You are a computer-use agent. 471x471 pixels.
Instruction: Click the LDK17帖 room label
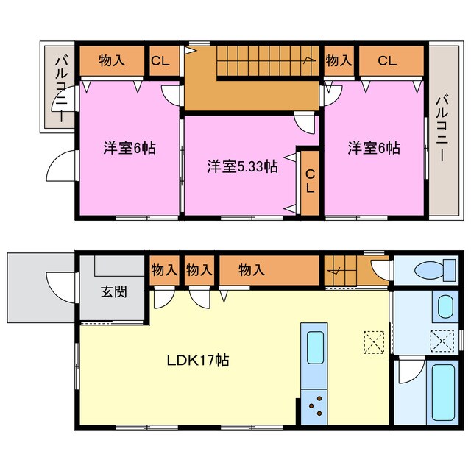(x=197, y=361)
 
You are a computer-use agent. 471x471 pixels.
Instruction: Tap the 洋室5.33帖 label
(x=241, y=166)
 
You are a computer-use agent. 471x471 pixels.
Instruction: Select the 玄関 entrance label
(x=113, y=291)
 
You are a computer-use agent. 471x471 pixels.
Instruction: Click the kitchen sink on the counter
(x=314, y=346)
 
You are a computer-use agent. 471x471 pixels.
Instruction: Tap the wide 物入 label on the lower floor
(x=251, y=270)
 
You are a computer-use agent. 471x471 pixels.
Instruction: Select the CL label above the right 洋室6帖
(x=387, y=61)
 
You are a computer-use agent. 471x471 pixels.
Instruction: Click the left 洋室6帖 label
(x=129, y=147)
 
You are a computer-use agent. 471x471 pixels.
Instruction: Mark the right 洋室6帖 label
(x=374, y=147)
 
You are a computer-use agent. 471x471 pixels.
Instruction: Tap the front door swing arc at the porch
(x=57, y=283)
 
